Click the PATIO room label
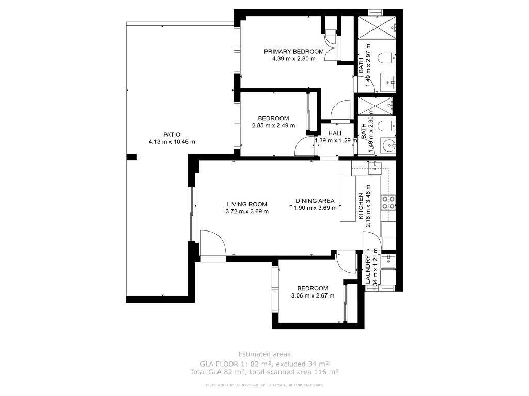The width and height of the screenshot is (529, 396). coord(172,135)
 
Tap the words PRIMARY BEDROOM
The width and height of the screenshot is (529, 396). coord(293,52)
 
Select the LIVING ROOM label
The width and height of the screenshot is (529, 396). coord(246,204)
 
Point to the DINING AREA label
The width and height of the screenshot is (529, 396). coord(315,201)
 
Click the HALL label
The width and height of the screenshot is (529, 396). coord(335,134)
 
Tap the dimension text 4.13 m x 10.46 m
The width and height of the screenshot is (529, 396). coord(172,142)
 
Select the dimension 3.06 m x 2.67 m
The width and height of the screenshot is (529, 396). coord(313,295)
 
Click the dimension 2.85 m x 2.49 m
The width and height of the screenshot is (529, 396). coord(273,126)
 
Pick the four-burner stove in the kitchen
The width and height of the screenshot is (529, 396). coord(388,203)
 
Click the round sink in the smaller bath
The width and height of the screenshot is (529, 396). coord(389,146)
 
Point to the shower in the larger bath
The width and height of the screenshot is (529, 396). coord(377,27)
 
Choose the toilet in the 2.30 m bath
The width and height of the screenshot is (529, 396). coord(387,126)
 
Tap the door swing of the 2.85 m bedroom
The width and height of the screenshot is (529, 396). coord(305,146)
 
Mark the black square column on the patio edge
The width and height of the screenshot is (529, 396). coord(131,157)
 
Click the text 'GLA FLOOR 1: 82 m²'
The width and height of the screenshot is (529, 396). coord(236,364)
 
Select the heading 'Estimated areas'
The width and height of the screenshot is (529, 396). coord(264,354)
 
